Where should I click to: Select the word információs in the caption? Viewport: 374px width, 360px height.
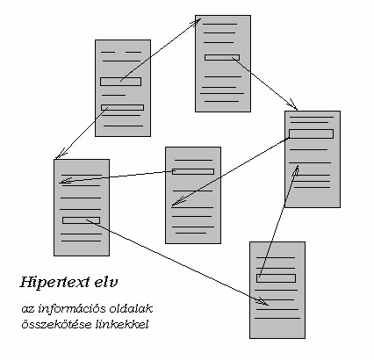click(x=72, y=309)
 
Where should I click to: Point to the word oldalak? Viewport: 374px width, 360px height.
click(x=131, y=308)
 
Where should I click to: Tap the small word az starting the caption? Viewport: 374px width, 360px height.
click(x=28, y=310)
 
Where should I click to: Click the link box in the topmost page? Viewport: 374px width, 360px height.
click(x=222, y=57)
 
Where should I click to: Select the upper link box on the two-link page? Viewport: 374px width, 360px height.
click(x=120, y=82)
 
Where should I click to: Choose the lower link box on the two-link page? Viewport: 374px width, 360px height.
click(x=122, y=107)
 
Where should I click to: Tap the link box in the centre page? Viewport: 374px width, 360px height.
click(x=193, y=171)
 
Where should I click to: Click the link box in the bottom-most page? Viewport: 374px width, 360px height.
click(x=276, y=278)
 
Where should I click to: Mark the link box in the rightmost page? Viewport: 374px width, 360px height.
click(x=311, y=133)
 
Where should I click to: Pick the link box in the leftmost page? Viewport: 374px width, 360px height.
click(x=81, y=220)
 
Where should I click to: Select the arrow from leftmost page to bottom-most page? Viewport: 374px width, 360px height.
click(x=176, y=263)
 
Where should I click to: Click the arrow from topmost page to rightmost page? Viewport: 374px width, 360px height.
click(x=264, y=83)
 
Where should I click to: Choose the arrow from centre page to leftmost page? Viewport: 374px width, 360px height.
click(x=117, y=177)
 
